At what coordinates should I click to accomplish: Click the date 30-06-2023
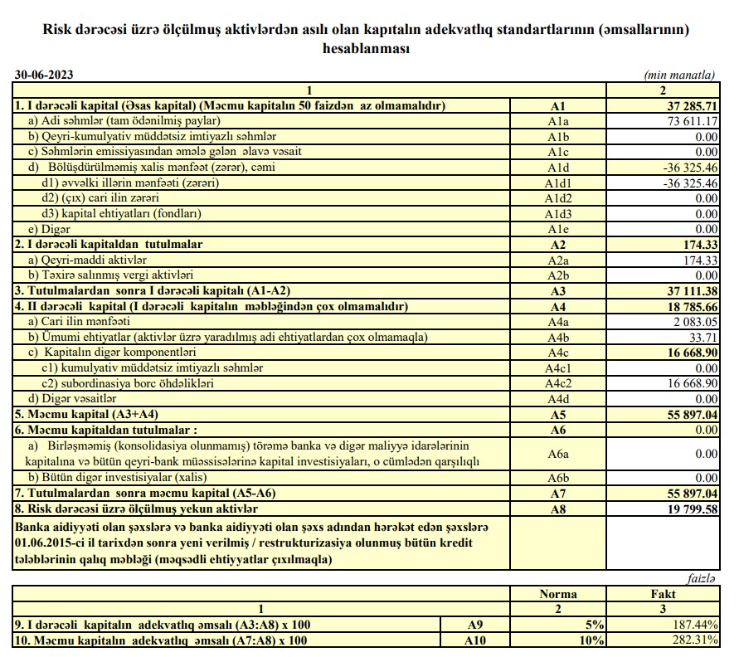coord(44,75)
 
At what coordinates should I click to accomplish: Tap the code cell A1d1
coord(557,182)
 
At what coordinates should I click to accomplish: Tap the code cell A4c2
coord(557,382)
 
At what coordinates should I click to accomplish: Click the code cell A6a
coord(557,454)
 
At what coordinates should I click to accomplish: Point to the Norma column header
coord(557,595)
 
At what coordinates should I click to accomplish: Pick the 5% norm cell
coord(595,625)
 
